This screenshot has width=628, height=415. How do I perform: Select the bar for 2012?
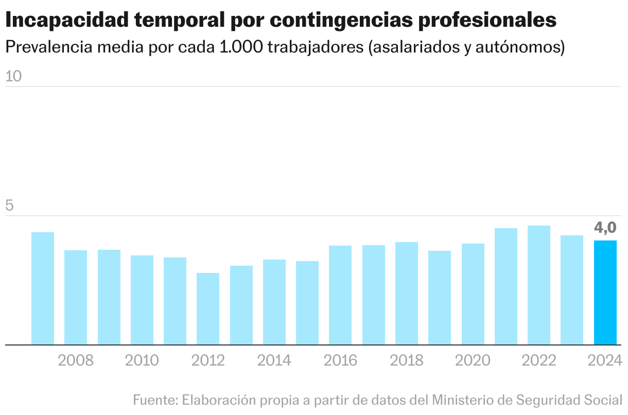pos(208,309)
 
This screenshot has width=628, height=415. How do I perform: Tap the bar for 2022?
pos(539,285)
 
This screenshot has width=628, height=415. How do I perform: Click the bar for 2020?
pos(473,294)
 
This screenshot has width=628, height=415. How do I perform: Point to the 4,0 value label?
pos(605,227)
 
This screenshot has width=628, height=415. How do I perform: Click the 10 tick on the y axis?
pos(13,77)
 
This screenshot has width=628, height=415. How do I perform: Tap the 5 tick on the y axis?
pos(9,206)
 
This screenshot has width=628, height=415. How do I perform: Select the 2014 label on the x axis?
pos(274,360)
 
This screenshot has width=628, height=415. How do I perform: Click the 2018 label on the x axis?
pos(407,360)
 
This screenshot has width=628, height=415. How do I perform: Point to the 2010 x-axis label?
pos(142,360)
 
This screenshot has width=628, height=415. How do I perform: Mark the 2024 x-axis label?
pos(605,360)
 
